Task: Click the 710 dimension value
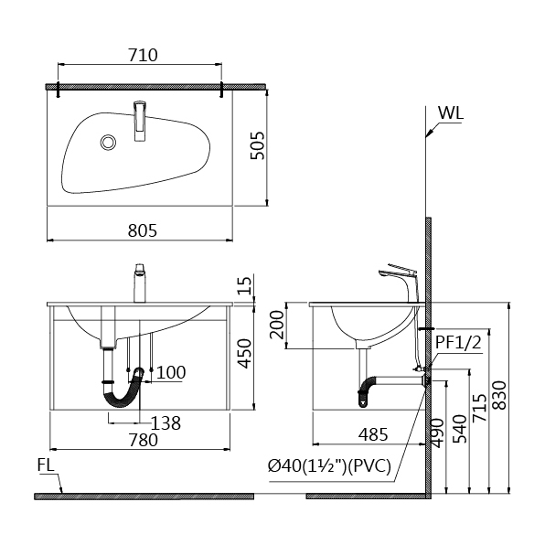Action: (x=143, y=55)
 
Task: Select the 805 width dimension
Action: (x=143, y=230)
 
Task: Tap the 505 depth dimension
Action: (x=258, y=145)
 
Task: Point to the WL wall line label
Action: (x=451, y=113)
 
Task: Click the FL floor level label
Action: (x=47, y=465)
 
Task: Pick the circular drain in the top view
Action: (x=109, y=143)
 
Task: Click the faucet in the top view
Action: (x=140, y=121)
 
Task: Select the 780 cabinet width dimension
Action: (x=144, y=440)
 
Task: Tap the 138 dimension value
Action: (x=166, y=423)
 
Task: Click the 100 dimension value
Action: (x=171, y=372)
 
